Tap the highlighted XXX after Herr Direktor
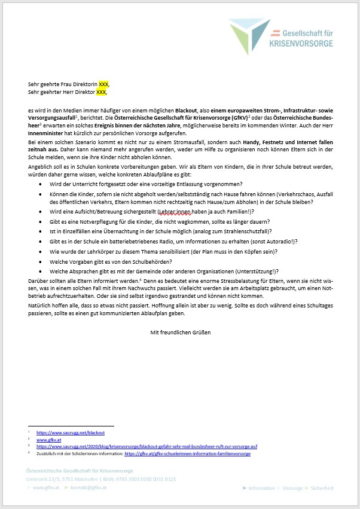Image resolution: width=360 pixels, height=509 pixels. (x=101, y=92)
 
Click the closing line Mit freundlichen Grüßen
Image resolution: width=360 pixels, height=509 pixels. (x=180, y=332)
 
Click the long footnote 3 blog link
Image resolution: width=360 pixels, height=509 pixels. (x=147, y=446)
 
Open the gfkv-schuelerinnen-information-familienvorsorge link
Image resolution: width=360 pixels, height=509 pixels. (x=187, y=454)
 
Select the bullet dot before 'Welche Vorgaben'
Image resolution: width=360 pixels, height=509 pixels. (x=40, y=261)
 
